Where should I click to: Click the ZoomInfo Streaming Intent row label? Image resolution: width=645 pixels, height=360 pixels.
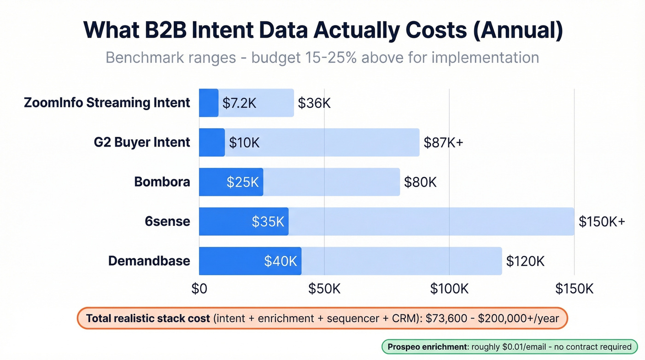click(107, 102)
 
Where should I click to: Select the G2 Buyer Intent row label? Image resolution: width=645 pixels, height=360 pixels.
click(142, 142)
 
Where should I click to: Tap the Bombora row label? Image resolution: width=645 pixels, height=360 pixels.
click(162, 182)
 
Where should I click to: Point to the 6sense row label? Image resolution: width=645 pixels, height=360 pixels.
click(167, 221)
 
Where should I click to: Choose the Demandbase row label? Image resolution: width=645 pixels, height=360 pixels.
click(149, 261)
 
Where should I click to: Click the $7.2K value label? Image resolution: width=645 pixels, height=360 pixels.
click(239, 103)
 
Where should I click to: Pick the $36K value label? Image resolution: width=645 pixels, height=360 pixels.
click(314, 103)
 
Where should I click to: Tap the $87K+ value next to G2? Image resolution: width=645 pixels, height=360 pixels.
click(443, 142)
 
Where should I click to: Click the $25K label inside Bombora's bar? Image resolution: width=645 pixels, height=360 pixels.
click(243, 182)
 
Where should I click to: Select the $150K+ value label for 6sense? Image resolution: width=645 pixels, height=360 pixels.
click(602, 222)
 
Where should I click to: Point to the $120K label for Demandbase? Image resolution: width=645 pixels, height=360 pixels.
click(525, 261)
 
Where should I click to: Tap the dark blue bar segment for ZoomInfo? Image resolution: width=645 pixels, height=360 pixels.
click(209, 103)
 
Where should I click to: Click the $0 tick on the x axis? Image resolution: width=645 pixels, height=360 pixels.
click(199, 289)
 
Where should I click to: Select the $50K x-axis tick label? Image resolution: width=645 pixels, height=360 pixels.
click(324, 289)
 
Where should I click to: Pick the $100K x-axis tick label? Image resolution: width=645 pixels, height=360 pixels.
click(449, 289)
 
